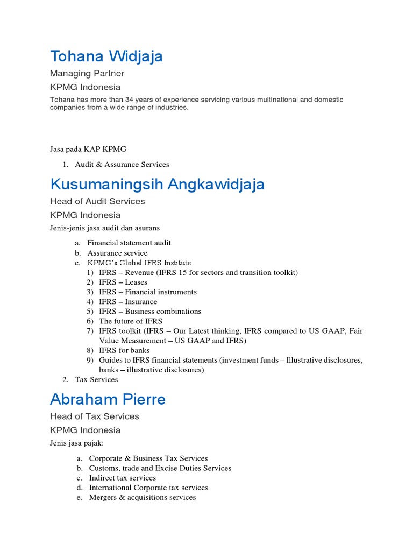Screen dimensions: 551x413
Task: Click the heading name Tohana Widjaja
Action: coord(106,56)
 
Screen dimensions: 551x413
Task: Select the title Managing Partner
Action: coord(87,73)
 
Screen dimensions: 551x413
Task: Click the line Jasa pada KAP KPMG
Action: coord(88,149)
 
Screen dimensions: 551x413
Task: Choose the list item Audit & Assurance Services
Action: coord(122,165)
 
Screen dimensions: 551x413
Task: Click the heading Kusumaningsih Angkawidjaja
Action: coord(157,185)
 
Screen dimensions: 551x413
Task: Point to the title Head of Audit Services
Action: coord(97,201)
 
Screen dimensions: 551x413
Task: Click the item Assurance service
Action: coord(117,253)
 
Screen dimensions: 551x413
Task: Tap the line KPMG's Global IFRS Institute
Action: coord(139,263)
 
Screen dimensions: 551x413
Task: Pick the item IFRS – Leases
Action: coord(123,282)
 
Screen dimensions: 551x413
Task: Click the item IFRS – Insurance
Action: coord(128,301)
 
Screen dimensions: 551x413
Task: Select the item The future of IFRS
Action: coord(127,321)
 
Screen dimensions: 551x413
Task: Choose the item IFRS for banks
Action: coord(124,350)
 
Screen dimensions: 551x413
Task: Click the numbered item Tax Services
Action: coord(96,379)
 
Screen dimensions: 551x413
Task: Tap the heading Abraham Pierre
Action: coord(108,399)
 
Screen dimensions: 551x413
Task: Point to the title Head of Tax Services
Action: coord(94,416)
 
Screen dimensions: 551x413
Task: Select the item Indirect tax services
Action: coord(123,478)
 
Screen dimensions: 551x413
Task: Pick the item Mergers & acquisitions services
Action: coord(143,497)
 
